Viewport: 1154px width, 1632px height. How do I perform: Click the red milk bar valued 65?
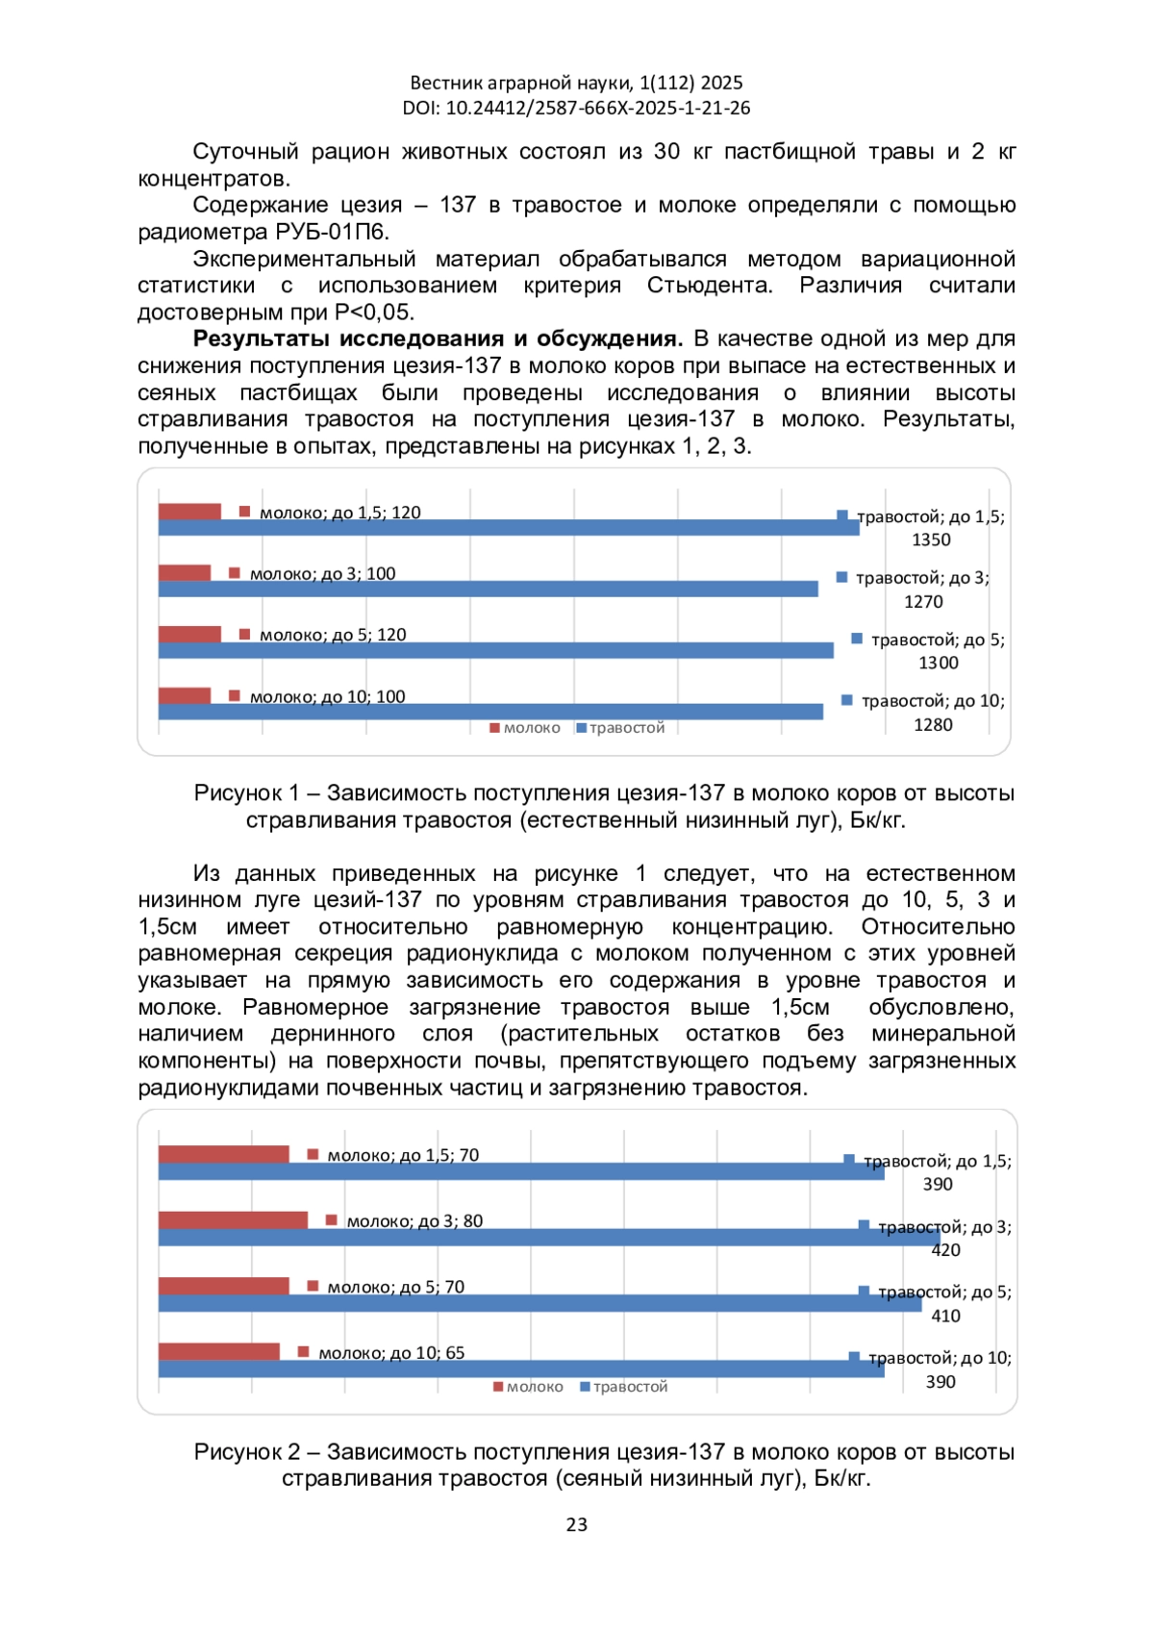coord(219,1351)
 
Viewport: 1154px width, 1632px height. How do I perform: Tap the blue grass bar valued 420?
coord(548,1238)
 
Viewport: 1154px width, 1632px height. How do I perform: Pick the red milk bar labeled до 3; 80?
coord(233,1219)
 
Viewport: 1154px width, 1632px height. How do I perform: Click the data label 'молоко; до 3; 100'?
coord(322,574)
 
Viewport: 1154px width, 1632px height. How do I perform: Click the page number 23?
coord(577,1524)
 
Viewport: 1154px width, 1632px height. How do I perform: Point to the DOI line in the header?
coord(577,108)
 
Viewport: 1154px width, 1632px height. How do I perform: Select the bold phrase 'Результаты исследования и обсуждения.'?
coord(438,339)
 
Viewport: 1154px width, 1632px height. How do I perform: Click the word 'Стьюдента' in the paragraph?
coord(709,286)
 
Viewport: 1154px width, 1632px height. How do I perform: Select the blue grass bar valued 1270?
coord(488,589)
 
